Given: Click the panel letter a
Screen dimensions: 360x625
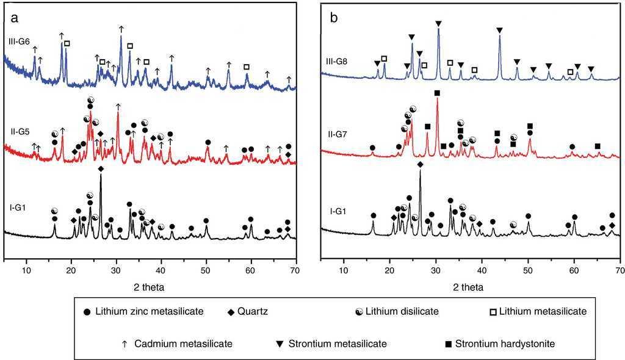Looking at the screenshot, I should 13,18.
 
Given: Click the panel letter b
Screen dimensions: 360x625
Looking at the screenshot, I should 334,18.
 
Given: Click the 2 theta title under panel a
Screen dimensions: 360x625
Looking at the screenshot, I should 149,286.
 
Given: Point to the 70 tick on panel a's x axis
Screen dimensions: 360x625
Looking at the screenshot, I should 295,270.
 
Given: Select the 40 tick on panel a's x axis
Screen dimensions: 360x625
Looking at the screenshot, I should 161,270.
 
